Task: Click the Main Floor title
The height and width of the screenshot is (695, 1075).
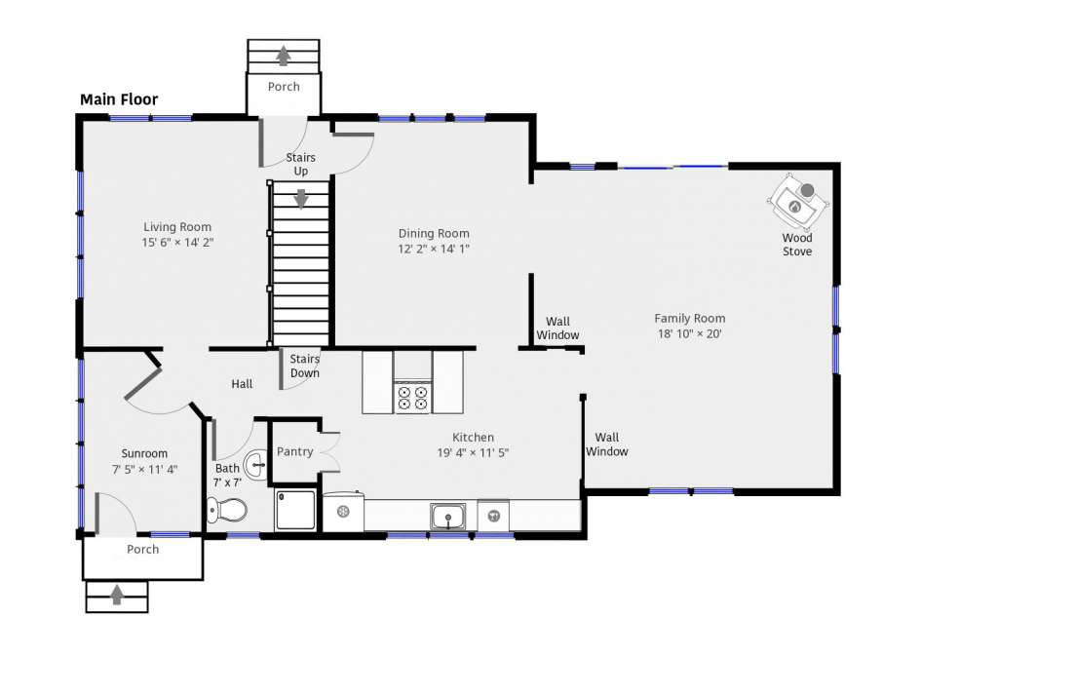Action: (119, 99)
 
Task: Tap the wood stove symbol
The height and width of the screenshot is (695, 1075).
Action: (797, 201)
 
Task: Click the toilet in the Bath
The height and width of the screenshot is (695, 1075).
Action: (227, 510)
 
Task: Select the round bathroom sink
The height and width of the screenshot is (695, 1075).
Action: (256, 466)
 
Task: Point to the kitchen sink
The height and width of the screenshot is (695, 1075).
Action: (447, 516)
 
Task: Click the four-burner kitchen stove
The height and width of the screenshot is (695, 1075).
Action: (412, 398)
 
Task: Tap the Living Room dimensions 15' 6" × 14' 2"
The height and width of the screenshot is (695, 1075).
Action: (177, 242)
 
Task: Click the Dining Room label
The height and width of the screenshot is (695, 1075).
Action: (434, 233)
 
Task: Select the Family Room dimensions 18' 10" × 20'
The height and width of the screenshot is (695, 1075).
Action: (690, 333)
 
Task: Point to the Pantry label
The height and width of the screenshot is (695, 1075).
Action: (294, 451)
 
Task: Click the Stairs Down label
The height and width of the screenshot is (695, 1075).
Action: (304, 366)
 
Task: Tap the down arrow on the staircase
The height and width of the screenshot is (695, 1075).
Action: (301, 198)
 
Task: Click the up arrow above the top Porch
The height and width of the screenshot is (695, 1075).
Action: (284, 55)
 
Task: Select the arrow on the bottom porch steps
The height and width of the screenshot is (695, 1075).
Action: (117, 595)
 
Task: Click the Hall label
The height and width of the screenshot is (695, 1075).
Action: (242, 384)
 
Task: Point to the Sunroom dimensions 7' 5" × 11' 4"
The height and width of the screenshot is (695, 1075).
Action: (144, 470)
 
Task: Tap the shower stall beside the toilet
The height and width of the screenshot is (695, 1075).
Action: (295, 509)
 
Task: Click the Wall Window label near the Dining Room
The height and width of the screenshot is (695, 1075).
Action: (557, 328)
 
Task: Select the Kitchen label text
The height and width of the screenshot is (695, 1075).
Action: (473, 438)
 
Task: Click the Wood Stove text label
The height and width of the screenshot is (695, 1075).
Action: (797, 245)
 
